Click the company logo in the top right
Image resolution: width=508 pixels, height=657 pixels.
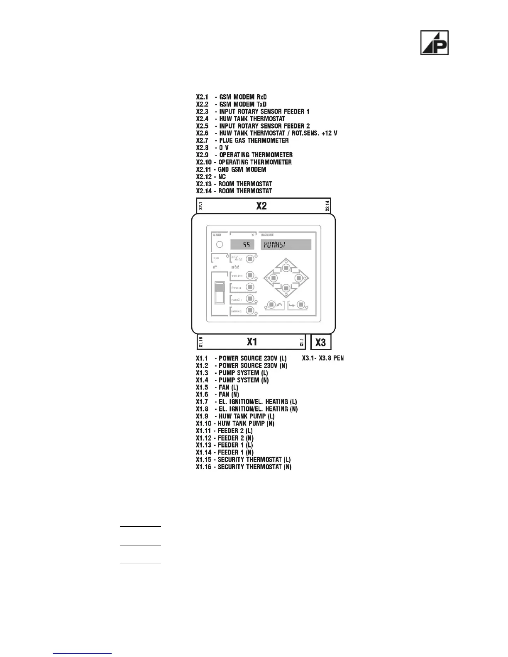[435, 43]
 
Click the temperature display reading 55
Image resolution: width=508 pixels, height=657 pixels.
[242, 244]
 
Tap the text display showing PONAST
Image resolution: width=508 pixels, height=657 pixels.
[286, 244]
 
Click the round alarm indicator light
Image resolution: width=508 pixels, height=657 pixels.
[220, 244]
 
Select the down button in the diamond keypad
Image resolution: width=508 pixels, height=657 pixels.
[286, 288]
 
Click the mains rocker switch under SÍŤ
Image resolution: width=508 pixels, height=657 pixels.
[220, 292]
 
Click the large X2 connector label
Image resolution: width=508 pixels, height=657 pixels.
[261, 206]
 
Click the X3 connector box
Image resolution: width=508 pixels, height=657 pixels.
[321, 342]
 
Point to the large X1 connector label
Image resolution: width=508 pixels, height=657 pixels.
[252, 342]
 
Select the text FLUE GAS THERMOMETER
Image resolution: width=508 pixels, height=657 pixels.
[254, 140]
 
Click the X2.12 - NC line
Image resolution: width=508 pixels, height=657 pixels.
[211, 177]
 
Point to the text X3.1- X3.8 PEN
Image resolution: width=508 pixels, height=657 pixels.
[322, 358]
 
